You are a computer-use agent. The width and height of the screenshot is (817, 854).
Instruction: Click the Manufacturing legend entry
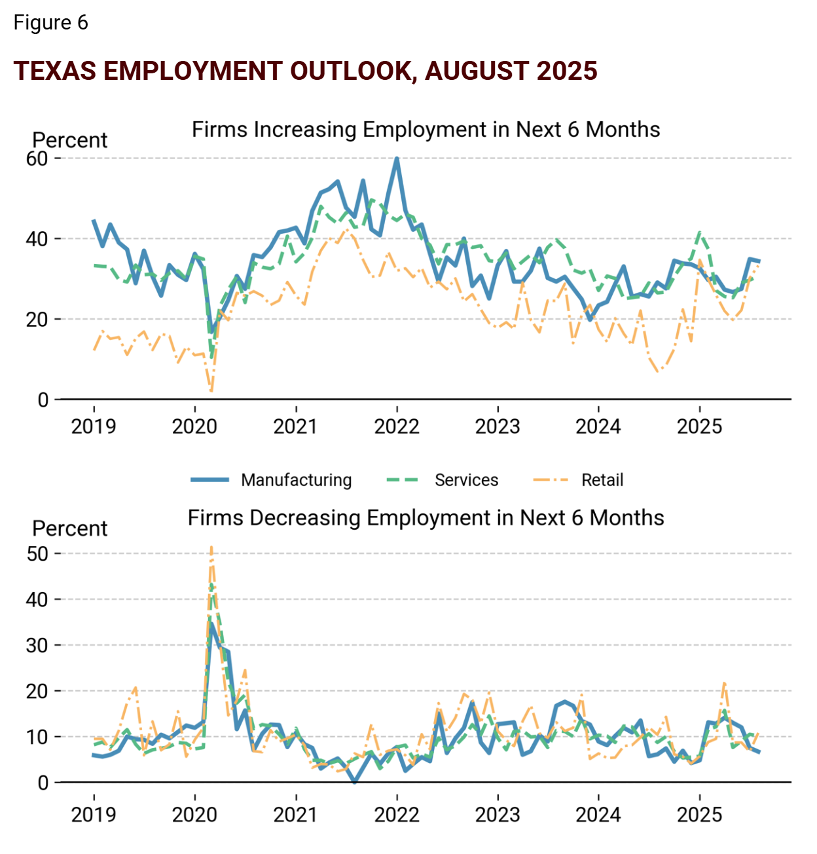coord(296,480)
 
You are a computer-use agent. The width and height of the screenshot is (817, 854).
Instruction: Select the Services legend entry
coord(466,480)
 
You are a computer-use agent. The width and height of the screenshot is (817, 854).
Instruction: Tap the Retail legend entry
coord(602,480)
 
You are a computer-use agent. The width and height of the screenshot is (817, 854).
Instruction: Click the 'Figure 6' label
coord(50,23)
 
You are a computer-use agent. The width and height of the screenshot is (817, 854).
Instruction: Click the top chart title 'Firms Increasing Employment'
coord(426,130)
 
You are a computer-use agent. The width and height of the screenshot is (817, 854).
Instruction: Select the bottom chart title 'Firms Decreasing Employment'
coord(426,518)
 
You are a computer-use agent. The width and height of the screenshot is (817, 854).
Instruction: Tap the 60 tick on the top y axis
coord(37,158)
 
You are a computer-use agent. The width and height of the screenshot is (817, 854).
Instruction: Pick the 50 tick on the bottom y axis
coord(37,554)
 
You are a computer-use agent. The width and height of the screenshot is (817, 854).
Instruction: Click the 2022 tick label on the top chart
coord(397,427)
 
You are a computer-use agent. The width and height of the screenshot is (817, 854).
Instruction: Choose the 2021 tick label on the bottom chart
coord(295,815)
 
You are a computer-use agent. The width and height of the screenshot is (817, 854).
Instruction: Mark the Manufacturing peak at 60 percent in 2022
coord(397,158)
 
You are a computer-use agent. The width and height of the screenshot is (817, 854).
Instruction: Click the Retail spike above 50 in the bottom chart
coord(211,548)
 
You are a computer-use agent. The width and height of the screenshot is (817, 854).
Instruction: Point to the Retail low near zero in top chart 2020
coord(211,391)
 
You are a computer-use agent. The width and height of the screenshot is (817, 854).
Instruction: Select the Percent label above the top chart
coord(69,140)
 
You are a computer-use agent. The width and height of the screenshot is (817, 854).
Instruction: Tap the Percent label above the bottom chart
coord(69,529)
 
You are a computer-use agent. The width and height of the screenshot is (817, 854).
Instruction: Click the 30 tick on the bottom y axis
coord(37,646)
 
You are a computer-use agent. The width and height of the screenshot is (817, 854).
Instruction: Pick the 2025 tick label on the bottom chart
coord(699,815)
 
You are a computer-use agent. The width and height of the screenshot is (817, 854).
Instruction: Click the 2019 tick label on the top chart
coord(94,427)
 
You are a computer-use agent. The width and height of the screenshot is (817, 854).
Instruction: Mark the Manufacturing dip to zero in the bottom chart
coord(355,781)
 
